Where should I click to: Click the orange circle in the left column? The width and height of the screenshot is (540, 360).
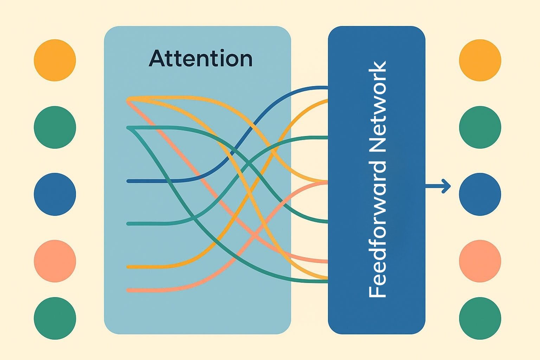click(55, 60)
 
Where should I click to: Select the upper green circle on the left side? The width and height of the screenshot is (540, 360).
click(55, 127)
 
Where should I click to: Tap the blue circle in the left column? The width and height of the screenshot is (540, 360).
click(55, 194)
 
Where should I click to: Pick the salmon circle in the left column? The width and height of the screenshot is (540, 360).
click(55, 261)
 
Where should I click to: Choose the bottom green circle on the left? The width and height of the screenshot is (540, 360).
click(55, 318)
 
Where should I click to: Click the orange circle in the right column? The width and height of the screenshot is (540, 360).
click(480, 60)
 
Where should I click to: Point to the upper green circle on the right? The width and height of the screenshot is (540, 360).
click(480, 127)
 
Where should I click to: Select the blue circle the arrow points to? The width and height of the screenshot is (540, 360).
click(480, 194)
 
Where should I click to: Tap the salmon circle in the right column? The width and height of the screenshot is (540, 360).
click(480, 261)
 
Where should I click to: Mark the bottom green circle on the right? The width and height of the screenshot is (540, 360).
click(480, 318)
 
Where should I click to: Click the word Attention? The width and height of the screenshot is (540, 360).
click(200, 59)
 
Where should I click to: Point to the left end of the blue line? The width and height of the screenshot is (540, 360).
click(128, 181)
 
